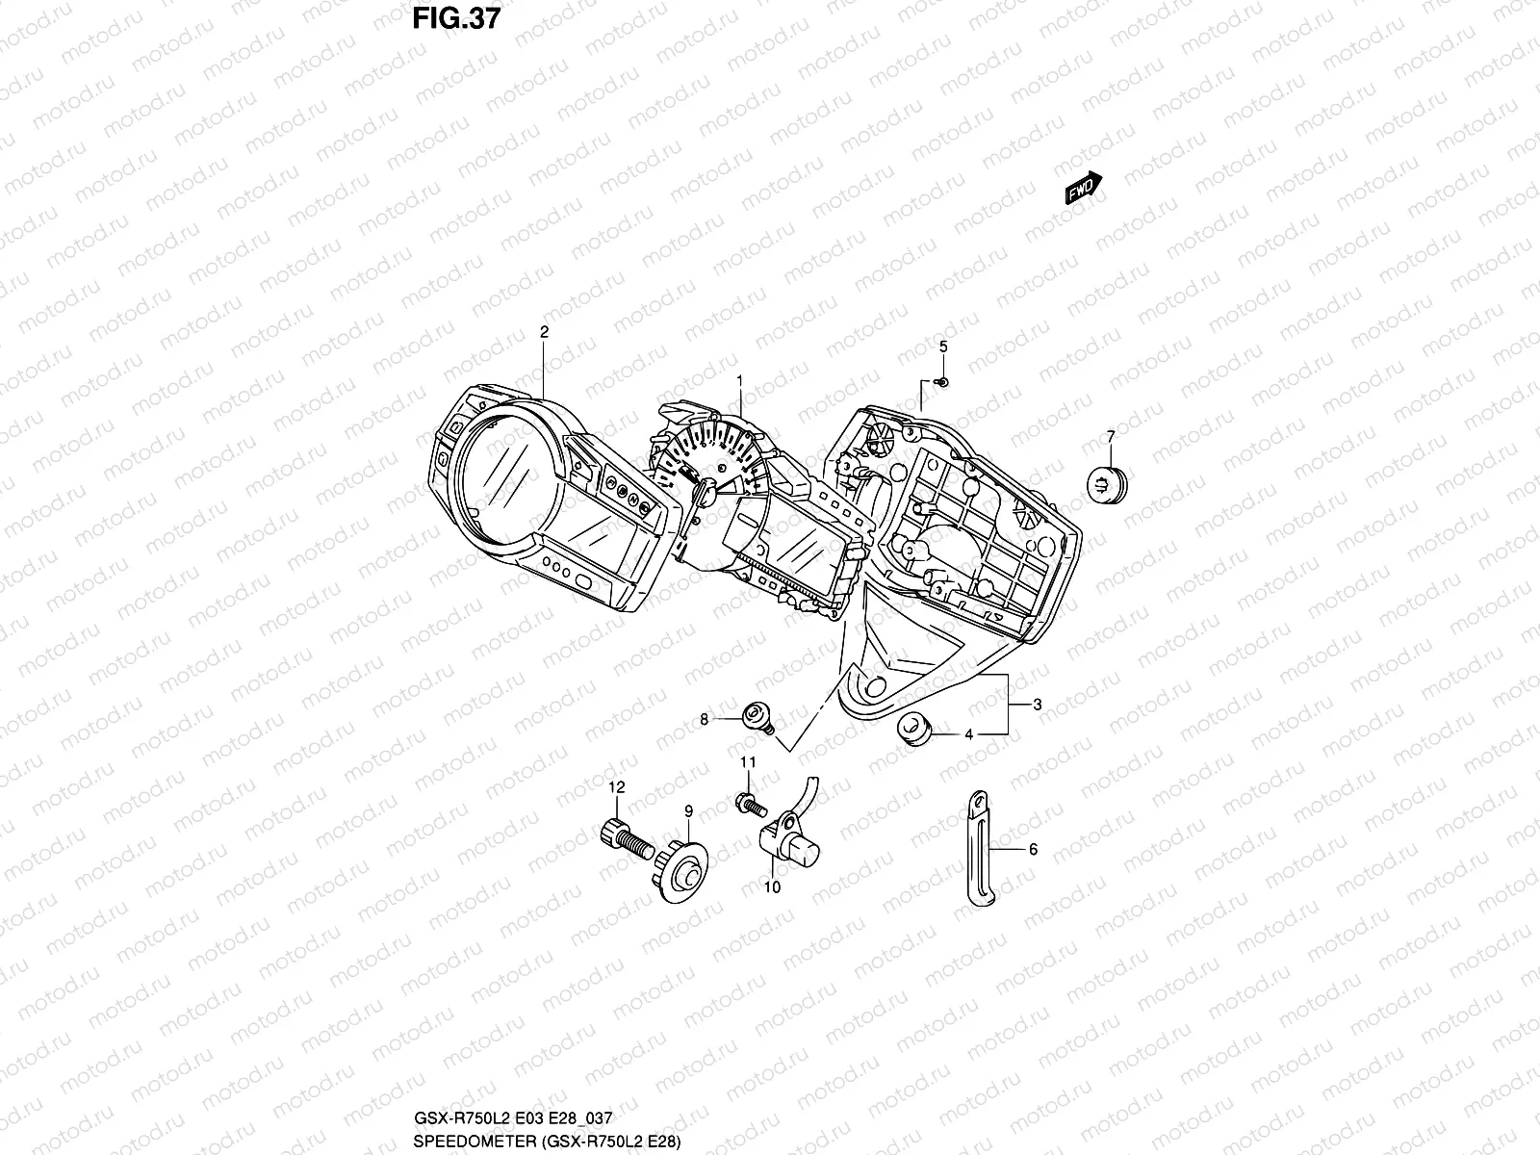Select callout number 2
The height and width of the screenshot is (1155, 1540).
tap(544, 332)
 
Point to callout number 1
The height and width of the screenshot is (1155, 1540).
tap(739, 381)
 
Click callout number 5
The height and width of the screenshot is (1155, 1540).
tap(943, 346)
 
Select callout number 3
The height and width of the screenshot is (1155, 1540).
tap(1037, 706)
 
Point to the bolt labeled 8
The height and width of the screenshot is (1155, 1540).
tap(757, 718)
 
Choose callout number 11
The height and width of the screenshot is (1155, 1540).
tap(748, 762)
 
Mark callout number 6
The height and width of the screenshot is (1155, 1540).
tap(1033, 850)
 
